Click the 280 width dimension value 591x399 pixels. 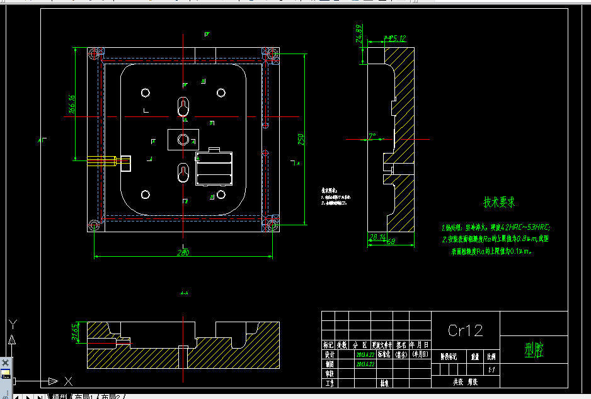pos(183,252)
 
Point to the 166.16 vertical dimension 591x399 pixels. pos(72,104)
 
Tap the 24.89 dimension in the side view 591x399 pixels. pos(359,33)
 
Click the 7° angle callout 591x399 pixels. pos(372,135)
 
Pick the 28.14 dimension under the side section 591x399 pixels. pos(377,237)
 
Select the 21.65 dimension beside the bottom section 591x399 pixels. pos(75,332)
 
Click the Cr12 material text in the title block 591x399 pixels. pos(465,330)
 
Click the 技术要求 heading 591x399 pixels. pos(500,202)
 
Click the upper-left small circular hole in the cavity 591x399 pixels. pos(146,93)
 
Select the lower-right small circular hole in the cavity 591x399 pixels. pos(221,194)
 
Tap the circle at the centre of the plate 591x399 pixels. pos(183,139)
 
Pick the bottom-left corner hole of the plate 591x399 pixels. pos(95,225)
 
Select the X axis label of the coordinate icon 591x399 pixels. pos(68,381)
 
